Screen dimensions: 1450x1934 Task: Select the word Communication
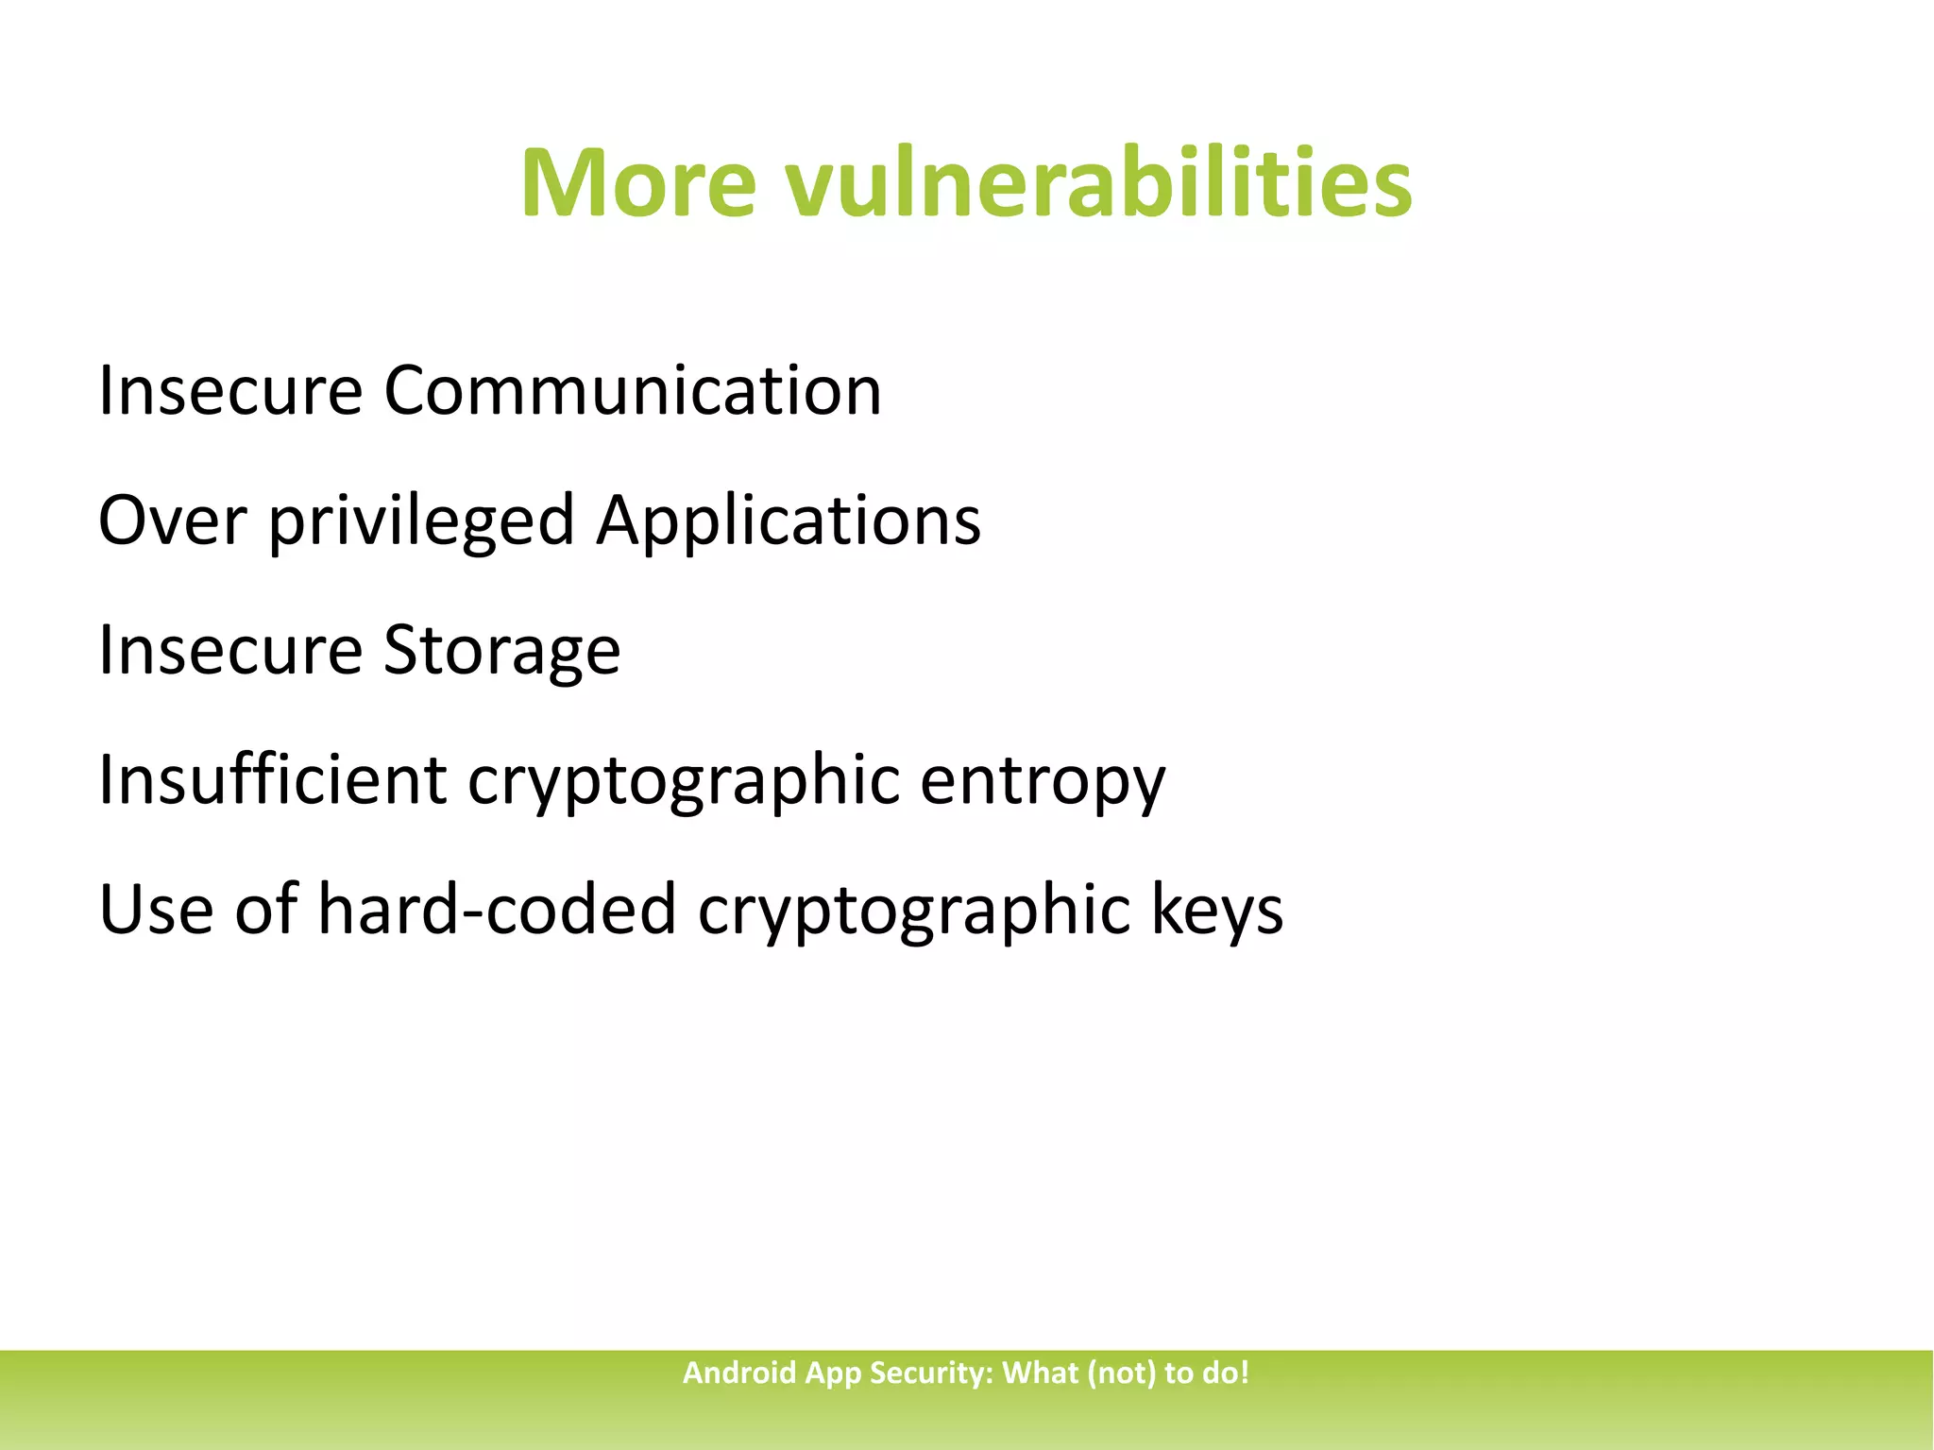pyautogui.click(x=632, y=390)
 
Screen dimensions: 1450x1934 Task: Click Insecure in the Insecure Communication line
pyautogui.click(x=230, y=390)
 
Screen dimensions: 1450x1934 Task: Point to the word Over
pyautogui.click(x=172, y=520)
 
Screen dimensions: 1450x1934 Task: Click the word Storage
pyautogui.click(x=501, y=652)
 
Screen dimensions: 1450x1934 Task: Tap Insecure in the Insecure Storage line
pyautogui.click(x=230, y=650)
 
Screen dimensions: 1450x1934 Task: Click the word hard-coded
pyautogui.click(x=497, y=910)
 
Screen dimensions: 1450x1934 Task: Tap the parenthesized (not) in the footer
pyautogui.click(x=1121, y=1373)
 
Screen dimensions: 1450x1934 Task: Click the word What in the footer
pyautogui.click(x=1040, y=1373)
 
